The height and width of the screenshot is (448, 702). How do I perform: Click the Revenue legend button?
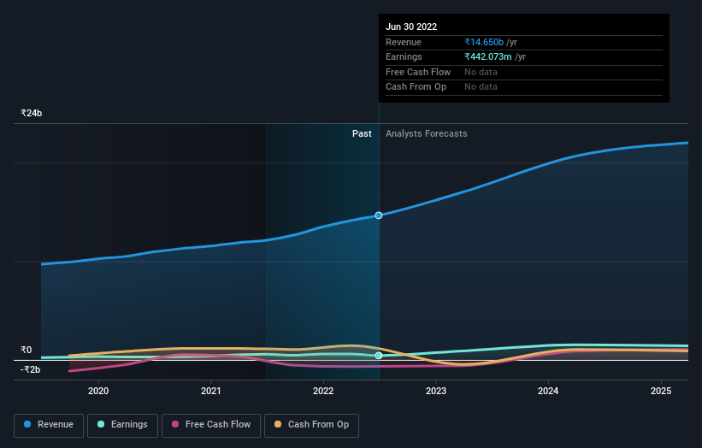tap(49, 425)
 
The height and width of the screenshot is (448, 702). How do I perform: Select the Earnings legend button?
tap(122, 425)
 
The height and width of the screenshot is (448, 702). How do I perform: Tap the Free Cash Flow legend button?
tap(211, 425)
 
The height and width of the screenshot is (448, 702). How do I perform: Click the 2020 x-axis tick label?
tap(98, 391)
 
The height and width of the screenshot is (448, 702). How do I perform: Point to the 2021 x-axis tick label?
tap(211, 391)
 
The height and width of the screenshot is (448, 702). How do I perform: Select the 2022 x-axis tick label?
tap(323, 391)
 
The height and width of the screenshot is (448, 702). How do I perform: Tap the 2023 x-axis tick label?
tap(436, 391)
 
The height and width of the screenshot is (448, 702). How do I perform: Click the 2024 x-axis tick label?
tap(548, 391)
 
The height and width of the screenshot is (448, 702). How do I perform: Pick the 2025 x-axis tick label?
tap(661, 391)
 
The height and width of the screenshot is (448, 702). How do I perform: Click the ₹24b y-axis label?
tap(32, 113)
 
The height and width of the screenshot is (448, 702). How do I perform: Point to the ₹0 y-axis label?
tap(26, 350)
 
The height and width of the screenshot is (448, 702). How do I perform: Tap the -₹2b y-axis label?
tap(31, 369)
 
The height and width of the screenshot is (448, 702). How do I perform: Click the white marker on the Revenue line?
tap(379, 215)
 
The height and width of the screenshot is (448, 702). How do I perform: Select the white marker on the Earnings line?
tap(379, 356)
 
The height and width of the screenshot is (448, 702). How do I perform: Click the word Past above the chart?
tap(362, 133)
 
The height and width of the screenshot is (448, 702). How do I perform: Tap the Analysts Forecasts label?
tap(427, 133)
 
